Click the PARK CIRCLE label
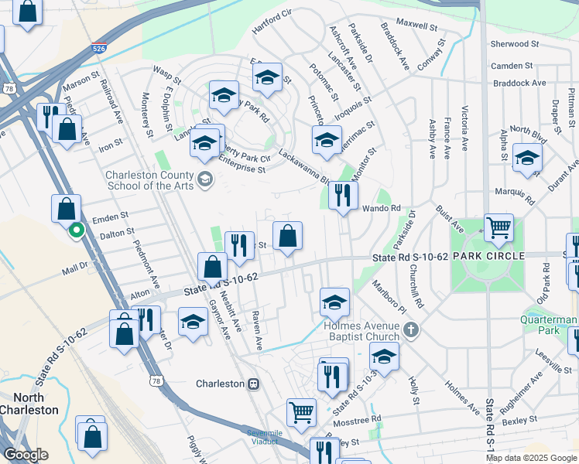(488, 255)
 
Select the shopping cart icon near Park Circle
(498, 227)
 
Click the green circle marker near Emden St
(76, 230)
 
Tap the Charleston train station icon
(252, 384)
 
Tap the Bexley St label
(519, 419)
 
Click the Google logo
(26, 455)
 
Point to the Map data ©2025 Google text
(530, 458)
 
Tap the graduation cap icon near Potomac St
(327, 140)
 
